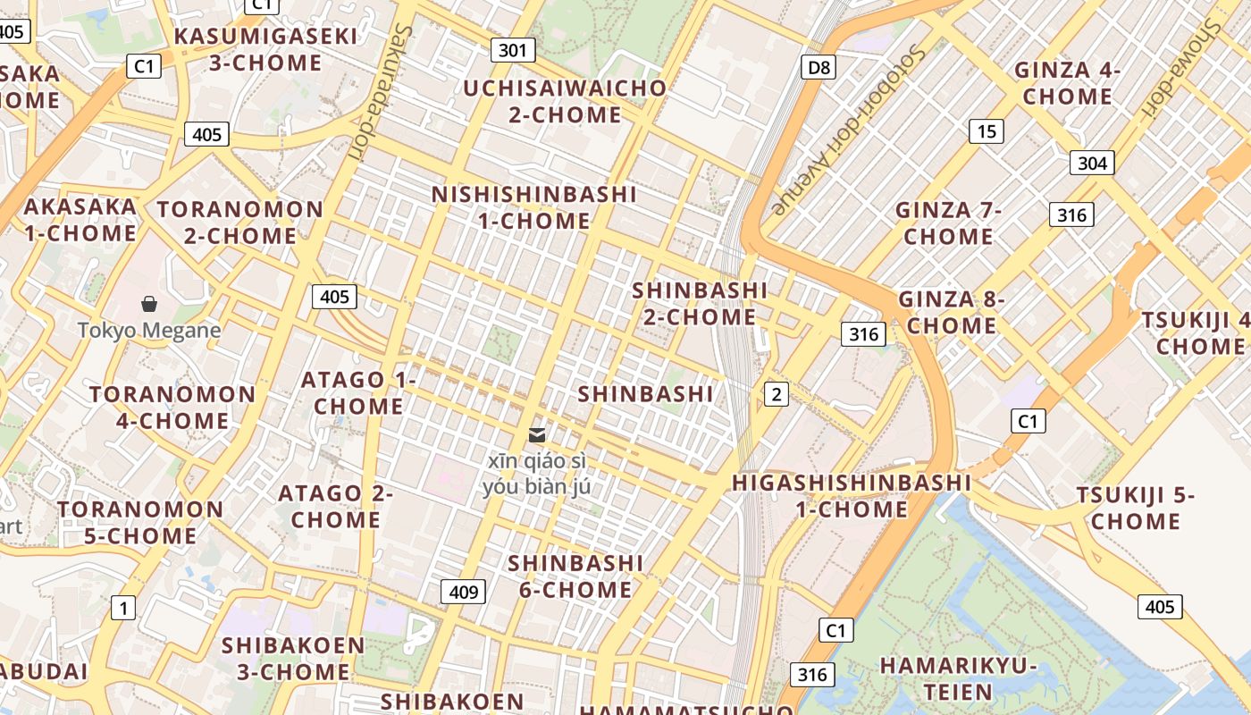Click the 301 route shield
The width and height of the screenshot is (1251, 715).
tap(512, 50)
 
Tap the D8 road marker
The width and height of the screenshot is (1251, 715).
tap(818, 67)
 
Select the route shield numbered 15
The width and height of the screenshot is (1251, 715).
tap(986, 132)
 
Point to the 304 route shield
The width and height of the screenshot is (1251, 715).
tap(1092, 163)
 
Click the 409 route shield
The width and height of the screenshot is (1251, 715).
tap(463, 591)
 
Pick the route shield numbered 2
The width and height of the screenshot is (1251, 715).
tap(777, 394)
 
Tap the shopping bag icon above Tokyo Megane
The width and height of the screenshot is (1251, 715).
tap(149, 305)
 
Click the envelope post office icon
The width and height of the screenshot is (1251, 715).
tap(537, 435)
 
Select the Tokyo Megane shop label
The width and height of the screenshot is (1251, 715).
tap(149, 330)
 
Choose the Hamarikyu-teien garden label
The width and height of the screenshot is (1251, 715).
tap(958, 678)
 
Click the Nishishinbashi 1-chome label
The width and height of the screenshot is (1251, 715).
tap(534, 207)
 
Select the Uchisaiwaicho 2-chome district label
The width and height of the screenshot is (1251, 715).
tap(565, 101)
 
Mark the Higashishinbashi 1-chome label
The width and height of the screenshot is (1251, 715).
tap(852, 496)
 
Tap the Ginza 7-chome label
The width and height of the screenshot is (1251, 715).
tap(948, 223)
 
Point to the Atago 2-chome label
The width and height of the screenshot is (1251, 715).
tap(336, 506)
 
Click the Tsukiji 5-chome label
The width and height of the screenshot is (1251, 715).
tap(1136, 508)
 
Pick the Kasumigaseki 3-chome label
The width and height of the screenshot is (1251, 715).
tap(265, 49)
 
